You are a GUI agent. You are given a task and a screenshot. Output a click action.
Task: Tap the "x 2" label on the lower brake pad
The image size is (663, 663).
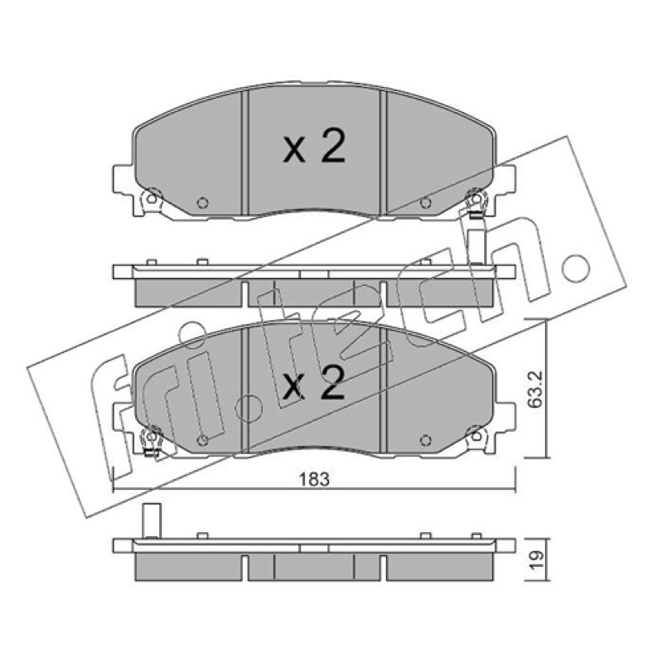pos(314,383)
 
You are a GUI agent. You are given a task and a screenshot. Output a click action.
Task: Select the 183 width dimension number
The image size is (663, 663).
pos(314,480)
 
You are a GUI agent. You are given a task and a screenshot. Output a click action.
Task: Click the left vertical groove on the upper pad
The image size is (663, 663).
pos(244,152)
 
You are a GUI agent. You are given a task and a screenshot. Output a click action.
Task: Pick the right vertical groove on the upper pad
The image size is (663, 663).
pos(384,152)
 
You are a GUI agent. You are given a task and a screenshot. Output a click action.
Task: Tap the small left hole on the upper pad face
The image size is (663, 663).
pos(203,203)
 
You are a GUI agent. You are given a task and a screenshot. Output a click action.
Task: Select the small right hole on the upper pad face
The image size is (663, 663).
pos(425,203)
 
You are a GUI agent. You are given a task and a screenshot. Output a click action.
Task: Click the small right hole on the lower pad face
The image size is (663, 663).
pos(425,440)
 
